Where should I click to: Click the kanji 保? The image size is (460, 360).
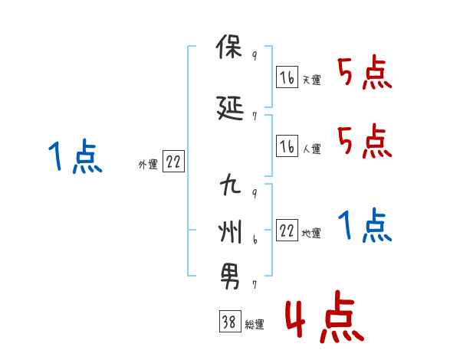(229, 51)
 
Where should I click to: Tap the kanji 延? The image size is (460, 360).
(229, 110)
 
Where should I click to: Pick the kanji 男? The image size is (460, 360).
(229, 277)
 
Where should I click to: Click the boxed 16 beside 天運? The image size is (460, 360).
(287, 77)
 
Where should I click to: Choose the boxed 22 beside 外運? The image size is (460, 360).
(173, 162)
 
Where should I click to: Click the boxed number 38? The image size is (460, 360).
(228, 323)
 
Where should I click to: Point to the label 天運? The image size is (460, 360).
(311, 80)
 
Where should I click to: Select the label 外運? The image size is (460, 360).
(148, 164)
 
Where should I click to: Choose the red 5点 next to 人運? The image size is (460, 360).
(364, 142)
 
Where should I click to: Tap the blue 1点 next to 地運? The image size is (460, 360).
(364, 226)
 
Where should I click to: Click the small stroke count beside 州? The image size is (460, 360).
(255, 241)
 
